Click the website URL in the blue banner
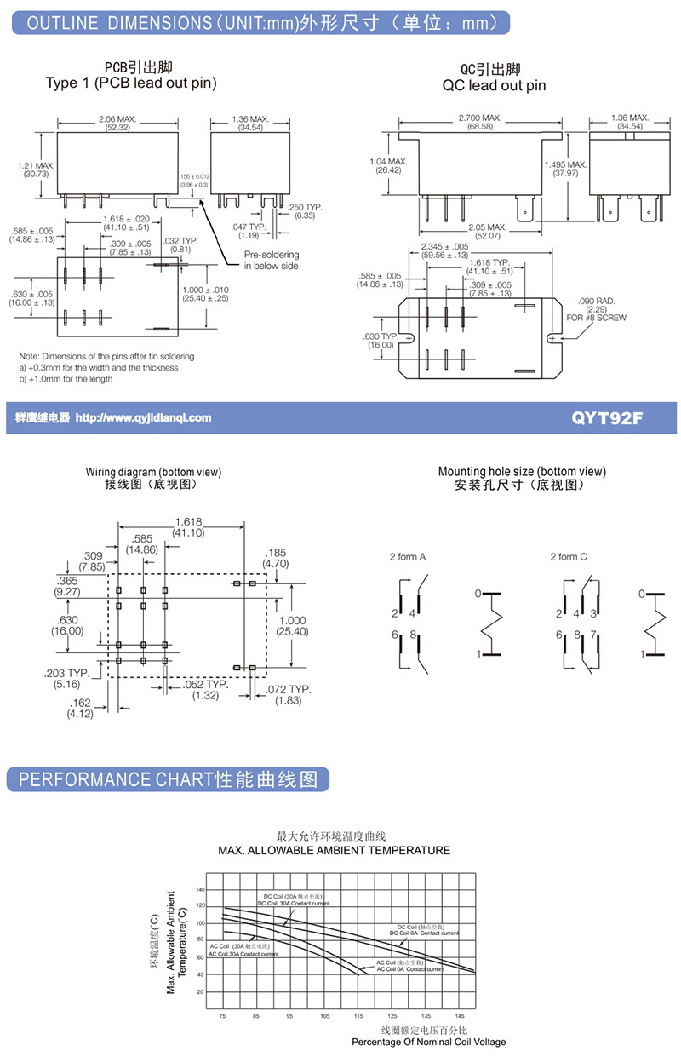tap(143, 418)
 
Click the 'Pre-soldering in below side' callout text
tap(272, 261)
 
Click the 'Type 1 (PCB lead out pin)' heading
tap(131, 83)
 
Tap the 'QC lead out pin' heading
tap(494, 85)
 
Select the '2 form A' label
tap(408, 557)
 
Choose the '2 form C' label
tap(569, 557)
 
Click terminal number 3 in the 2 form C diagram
tap(593, 613)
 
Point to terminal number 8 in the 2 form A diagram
tap(413, 635)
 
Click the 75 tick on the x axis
tap(222, 1016)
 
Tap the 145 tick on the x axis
tap(460, 1016)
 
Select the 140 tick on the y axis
tap(200, 890)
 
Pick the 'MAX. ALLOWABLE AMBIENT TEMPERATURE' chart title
tap(334, 850)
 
